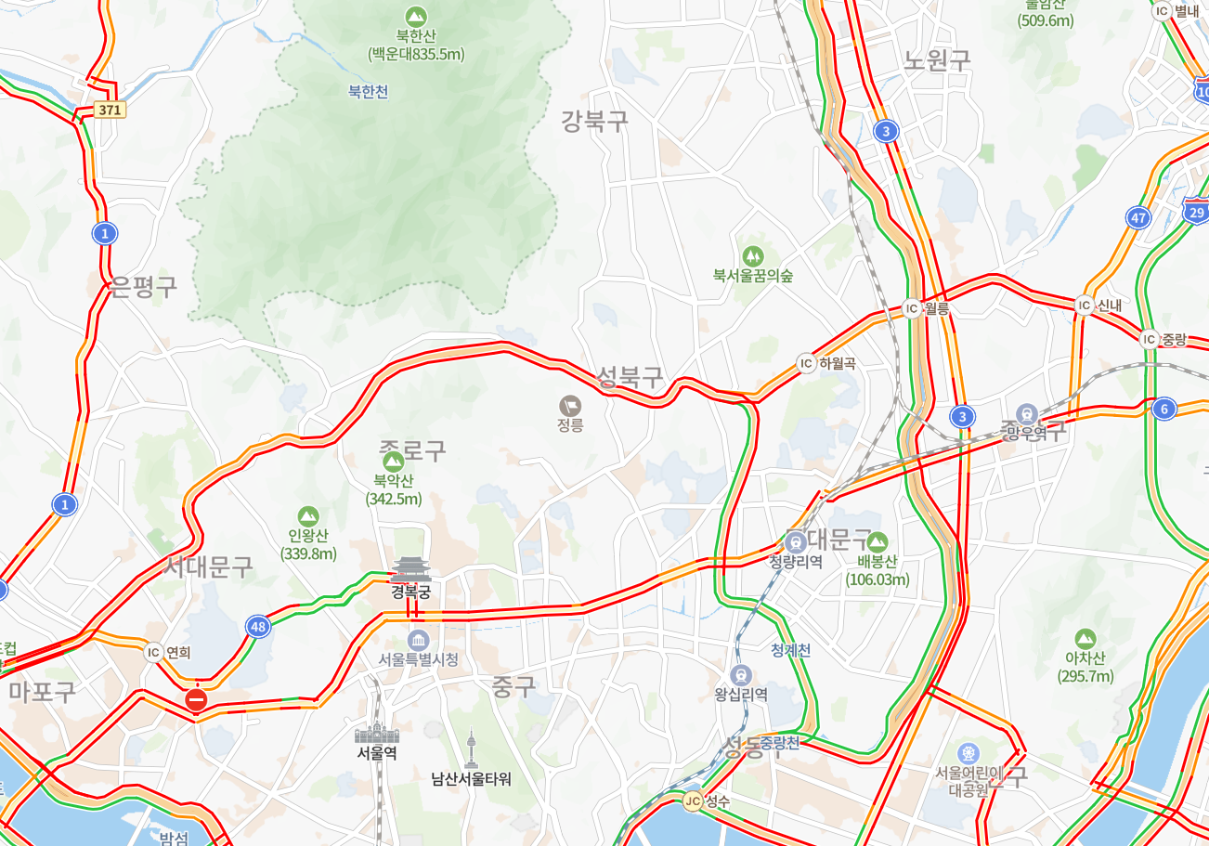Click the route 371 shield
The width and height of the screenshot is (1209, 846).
point(110,110)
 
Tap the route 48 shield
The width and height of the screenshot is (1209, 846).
point(258,627)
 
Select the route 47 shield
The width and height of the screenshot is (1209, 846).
point(1138,218)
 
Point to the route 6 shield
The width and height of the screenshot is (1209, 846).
point(1163,409)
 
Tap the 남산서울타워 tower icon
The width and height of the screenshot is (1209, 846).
point(471,748)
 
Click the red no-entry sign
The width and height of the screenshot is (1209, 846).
point(196,699)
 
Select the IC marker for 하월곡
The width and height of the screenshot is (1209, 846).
point(805,363)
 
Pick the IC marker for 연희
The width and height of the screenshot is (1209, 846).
point(154,652)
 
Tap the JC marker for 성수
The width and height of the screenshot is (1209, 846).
point(692,800)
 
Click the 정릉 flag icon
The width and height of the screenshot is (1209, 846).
point(570,405)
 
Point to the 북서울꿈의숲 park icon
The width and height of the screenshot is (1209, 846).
point(752,255)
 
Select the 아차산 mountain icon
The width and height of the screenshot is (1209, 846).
point(1084,639)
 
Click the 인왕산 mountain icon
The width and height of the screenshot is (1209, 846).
point(307,516)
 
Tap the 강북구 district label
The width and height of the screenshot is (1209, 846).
point(594,120)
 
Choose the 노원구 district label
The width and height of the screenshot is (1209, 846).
point(936,60)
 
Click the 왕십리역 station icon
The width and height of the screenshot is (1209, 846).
point(740,675)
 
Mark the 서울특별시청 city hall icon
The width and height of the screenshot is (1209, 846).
point(418,640)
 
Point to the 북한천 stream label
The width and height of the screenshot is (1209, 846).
point(368,92)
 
